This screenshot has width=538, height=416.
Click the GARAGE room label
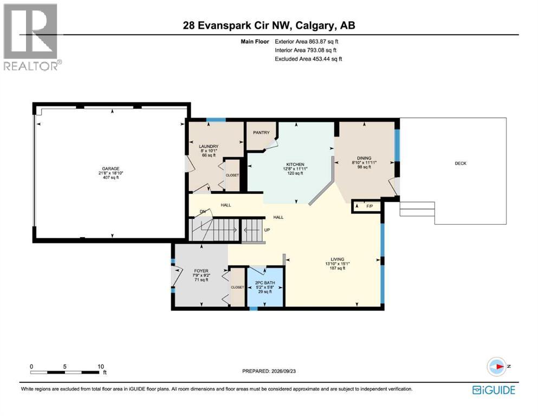pos(111,169)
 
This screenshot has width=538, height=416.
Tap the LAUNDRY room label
pos(209,146)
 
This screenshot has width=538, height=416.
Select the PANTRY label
pos(262,132)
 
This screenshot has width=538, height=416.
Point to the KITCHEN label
pos(295,164)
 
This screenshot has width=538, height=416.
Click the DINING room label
pos(364,158)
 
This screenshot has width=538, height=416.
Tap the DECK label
pos(461,163)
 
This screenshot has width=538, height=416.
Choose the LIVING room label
pos(338,259)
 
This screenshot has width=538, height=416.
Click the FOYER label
pos(201,271)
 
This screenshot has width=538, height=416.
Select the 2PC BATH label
pos(265,283)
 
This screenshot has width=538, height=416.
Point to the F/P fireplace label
pos(370,206)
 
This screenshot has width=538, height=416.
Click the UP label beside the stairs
pos(267,230)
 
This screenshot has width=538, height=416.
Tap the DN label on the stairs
pos(203,212)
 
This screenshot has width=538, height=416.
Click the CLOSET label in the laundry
pos(232,175)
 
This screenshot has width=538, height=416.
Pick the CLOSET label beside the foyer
pos(237,288)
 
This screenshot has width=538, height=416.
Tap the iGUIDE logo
pos(494,390)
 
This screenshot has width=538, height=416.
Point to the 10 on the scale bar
pos(101,366)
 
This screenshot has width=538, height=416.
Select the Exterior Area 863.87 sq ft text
pos(307,42)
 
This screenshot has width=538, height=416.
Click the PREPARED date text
pos(269,371)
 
